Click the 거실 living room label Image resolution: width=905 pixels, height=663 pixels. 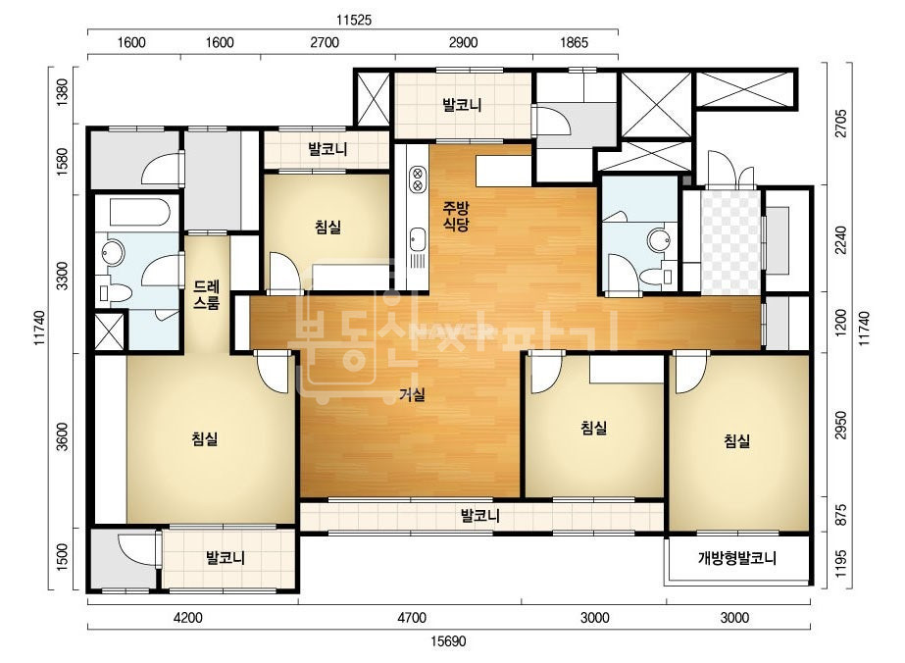point(412,395)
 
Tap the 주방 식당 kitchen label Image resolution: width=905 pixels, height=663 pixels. point(456,216)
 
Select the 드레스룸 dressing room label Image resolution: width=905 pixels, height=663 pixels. point(206,294)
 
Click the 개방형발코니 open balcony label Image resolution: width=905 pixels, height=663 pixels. point(737,558)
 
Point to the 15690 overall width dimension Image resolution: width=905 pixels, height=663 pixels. point(448,641)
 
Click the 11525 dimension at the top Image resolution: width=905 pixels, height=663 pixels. point(354,21)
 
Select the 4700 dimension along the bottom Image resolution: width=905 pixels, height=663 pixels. point(412,617)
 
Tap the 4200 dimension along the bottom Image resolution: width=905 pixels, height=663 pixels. point(188,617)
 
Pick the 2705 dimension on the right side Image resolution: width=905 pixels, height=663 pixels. point(841,123)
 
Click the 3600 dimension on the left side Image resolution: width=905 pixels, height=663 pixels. point(63,437)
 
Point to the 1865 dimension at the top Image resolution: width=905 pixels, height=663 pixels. point(574,42)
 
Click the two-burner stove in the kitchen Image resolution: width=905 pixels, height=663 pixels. point(418,179)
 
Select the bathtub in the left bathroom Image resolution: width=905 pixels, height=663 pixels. point(139,214)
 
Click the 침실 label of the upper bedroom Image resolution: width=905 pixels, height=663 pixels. point(327,227)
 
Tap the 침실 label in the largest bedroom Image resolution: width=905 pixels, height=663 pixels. point(205,439)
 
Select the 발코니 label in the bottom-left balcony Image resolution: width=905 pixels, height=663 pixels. point(226,558)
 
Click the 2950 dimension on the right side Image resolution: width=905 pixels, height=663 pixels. point(841,425)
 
